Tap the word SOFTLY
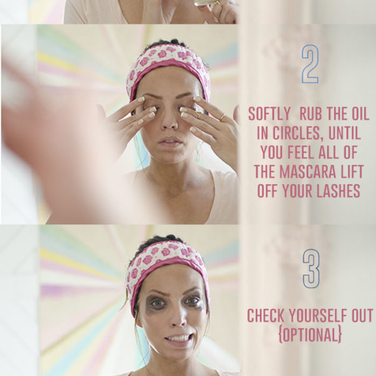[x=269, y=114]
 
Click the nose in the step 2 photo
[x=169, y=120]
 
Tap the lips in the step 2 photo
[x=170, y=141]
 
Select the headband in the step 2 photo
[x=168, y=62]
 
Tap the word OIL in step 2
[x=360, y=114]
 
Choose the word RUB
[x=311, y=114]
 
